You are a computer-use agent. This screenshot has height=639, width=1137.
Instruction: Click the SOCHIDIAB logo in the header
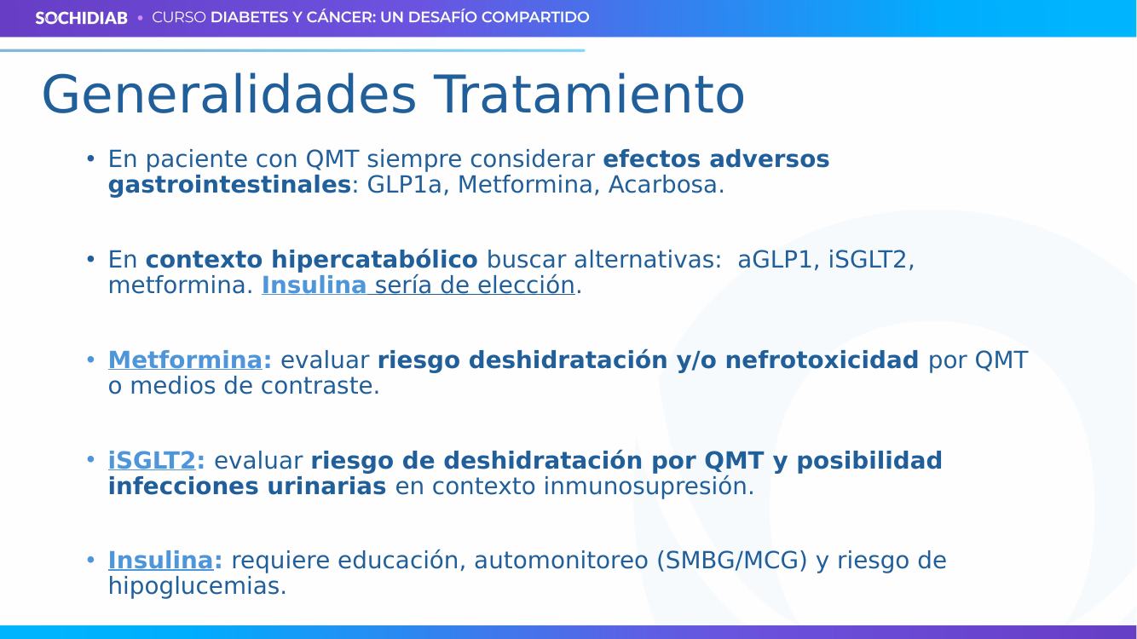[81, 18]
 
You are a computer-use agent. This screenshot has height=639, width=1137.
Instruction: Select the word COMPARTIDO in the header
[535, 17]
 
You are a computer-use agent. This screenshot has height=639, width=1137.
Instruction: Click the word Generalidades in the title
[229, 95]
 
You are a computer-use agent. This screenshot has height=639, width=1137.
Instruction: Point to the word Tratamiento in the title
[589, 95]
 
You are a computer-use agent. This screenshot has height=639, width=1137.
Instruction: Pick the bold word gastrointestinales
[229, 185]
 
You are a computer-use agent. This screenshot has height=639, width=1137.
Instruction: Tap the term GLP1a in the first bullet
[404, 184]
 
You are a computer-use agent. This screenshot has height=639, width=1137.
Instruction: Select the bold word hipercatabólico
[375, 260]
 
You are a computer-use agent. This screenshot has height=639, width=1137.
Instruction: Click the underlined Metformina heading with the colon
[190, 360]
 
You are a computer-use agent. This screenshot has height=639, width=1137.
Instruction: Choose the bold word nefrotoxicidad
[822, 360]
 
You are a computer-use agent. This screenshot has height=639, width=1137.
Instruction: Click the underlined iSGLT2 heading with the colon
[156, 460]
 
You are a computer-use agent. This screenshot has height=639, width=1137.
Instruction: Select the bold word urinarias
[326, 486]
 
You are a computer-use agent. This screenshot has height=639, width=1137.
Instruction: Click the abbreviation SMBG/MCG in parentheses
[731, 561]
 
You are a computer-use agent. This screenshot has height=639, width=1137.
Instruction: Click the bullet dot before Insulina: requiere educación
[90, 561]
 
